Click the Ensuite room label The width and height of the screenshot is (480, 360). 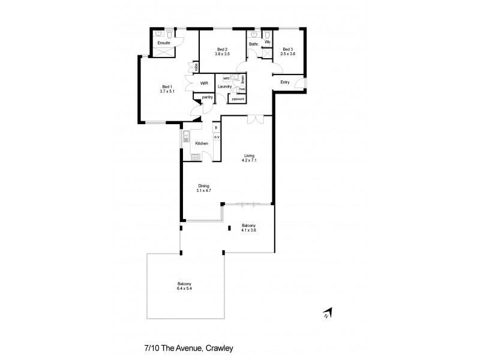163,43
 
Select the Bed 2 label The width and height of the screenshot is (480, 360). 222,49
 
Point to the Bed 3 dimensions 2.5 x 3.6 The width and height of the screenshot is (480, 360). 288,54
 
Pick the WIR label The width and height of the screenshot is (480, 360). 204,83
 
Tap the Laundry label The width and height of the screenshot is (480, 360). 225,87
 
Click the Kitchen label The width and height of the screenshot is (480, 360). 202,143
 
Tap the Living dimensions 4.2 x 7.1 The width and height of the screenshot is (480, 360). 248,160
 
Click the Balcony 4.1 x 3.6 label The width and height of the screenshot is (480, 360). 248,228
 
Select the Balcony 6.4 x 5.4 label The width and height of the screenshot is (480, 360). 185,286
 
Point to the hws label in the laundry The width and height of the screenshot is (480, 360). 241,89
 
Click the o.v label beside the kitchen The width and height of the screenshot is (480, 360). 216,137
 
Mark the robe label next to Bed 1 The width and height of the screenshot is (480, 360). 195,67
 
